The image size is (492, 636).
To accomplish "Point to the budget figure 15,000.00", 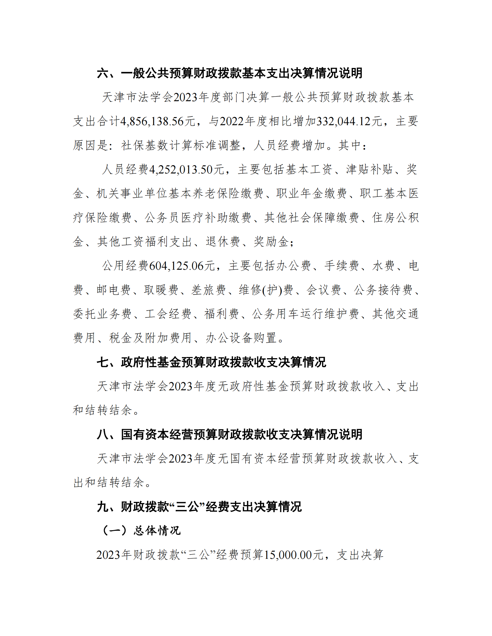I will click(x=288, y=555).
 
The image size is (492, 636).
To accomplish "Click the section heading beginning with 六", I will click(x=230, y=73).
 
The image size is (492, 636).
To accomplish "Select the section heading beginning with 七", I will click(x=211, y=362).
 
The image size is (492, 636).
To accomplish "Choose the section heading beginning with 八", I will click(x=230, y=434).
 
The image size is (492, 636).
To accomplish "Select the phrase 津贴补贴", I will click(x=369, y=169).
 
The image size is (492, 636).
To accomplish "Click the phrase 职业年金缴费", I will click(x=312, y=193).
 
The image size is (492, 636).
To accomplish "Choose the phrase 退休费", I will click(x=223, y=241).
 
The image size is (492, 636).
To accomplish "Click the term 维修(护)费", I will click(x=266, y=290).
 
